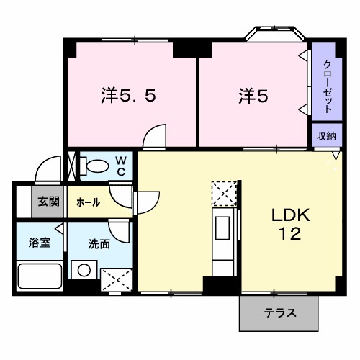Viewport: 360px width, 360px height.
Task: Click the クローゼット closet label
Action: click(326, 84)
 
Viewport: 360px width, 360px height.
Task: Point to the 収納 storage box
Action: click(326, 135)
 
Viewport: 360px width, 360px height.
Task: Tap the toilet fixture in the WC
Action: click(92, 165)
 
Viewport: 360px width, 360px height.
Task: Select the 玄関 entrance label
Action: click(49, 202)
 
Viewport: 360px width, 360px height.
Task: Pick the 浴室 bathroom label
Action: click(39, 243)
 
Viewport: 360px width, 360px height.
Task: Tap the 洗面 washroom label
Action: click(99, 244)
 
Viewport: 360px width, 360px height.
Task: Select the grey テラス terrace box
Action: click(278, 313)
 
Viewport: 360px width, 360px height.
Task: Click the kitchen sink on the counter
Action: click(220, 230)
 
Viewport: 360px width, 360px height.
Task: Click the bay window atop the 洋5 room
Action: click(273, 35)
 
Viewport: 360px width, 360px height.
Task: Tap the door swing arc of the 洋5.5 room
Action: click(154, 137)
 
